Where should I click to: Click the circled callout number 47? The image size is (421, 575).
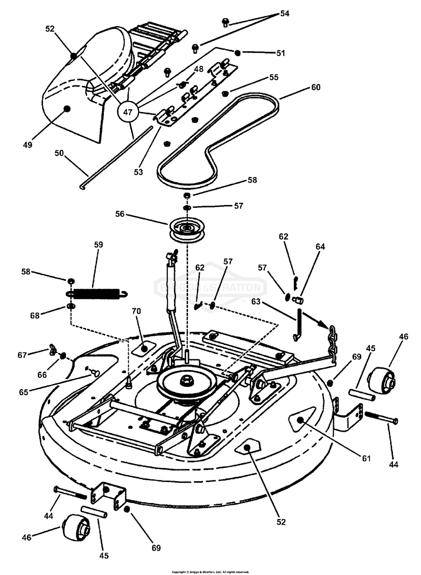128,112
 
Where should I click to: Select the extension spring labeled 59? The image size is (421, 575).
97,294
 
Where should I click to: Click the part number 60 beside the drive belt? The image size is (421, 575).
316,87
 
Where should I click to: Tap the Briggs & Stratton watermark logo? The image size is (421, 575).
210,288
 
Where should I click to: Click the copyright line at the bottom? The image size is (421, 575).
210,572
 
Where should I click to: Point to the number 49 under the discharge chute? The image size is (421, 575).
28,145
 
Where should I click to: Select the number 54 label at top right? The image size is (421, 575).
284,14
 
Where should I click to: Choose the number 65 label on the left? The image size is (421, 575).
24,392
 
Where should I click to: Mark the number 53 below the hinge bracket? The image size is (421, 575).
138,172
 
